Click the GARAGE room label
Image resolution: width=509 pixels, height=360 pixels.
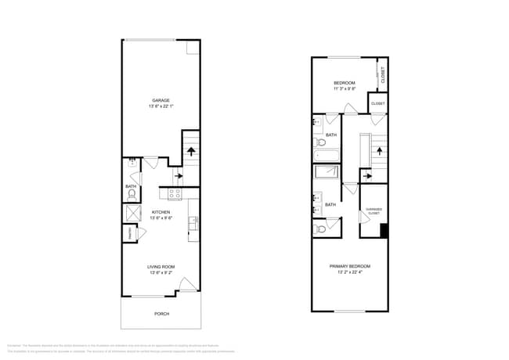click(x=161, y=99)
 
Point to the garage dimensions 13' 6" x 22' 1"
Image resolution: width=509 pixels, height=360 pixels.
click(x=161, y=106)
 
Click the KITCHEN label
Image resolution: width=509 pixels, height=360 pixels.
click(x=161, y=212)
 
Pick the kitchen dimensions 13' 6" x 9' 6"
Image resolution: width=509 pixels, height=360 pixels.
click(x=161, y=218)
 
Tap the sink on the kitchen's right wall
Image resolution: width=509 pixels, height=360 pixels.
click(x=193, y=225)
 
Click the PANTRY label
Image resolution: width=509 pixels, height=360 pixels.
click(x=128, y=234)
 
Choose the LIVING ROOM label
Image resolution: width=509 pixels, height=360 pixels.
click(x=161, y=268)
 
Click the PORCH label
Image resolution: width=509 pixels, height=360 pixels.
click(x=161, y=314)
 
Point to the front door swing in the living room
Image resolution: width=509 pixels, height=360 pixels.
click(x=187, y=285)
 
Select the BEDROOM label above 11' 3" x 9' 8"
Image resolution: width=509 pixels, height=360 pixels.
click(x=345, y=83)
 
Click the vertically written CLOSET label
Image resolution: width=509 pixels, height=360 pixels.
click(x=382, y=74)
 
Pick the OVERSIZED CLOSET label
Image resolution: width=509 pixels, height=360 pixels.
click(x=373, y=211)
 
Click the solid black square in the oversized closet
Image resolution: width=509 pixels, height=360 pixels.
click(x=384, y=231)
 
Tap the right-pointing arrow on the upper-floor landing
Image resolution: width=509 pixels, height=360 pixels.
click(x=348, y=189)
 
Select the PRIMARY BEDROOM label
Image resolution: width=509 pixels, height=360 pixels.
click(x=350, y=266)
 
